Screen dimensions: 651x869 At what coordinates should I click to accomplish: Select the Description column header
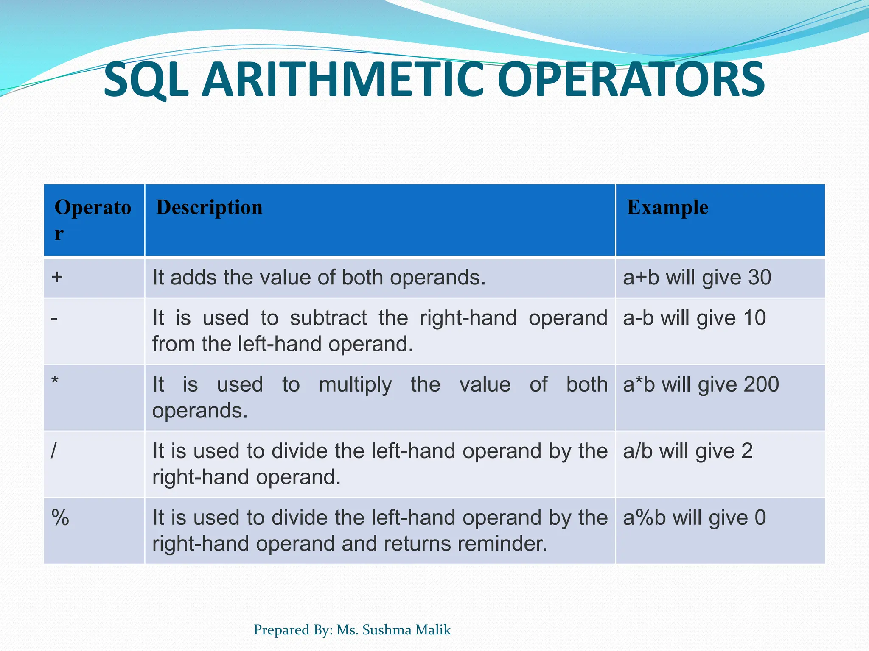coord(209,208)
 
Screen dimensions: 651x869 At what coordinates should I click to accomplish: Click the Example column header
coord(667,208)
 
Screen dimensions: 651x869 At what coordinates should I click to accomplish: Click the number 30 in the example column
coord(759,278)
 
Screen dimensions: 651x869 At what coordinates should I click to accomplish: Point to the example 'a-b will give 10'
coord(694,318)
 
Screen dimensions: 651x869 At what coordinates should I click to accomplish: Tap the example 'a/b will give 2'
coord(687,451)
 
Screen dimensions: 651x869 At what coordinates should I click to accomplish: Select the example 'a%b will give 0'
coord(694,517)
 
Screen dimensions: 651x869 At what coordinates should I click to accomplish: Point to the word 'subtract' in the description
coord(328,318)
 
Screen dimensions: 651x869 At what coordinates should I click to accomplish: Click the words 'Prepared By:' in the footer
coord(293,630)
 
